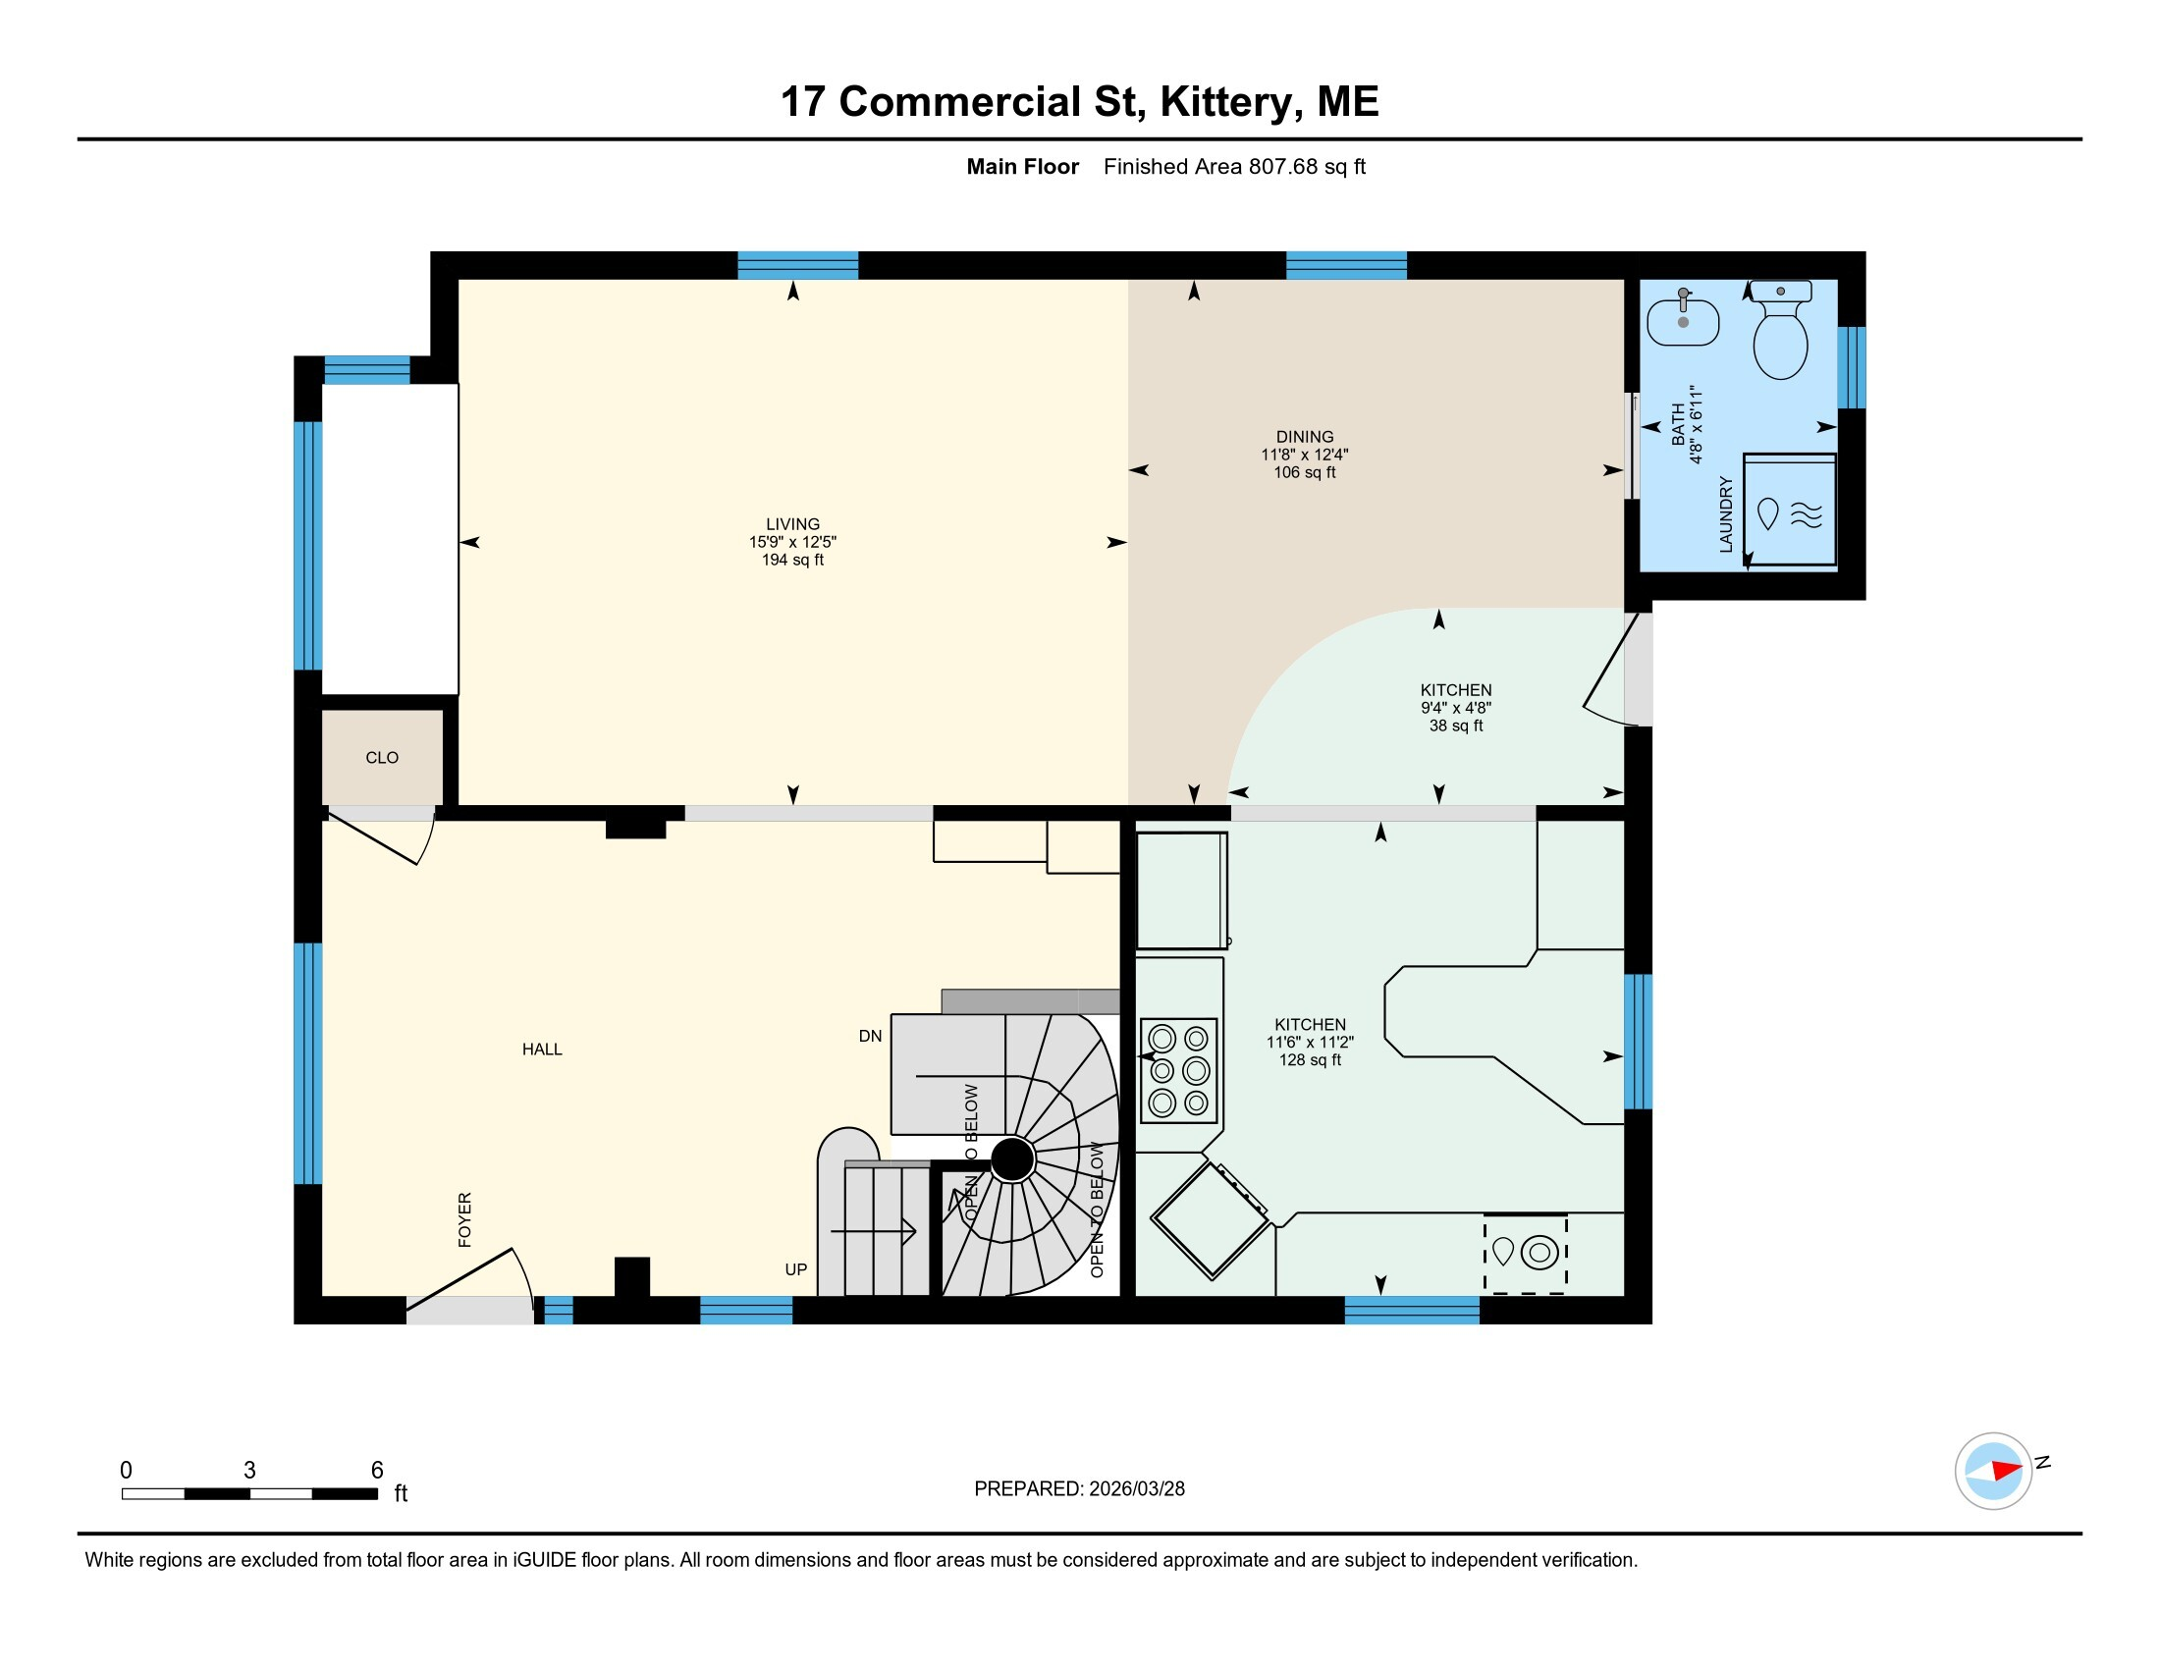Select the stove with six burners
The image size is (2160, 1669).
tap(1179, 1071)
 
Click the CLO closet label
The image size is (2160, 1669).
tap(382, 757)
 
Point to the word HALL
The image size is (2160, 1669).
tap(542, 1050)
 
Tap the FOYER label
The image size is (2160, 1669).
tap(464, 1219)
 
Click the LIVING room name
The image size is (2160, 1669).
tap(792, 524)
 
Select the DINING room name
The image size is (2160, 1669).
tap(1305, 437)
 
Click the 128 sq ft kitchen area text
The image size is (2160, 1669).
tap(1311, 1060)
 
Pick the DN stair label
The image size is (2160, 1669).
tap(870, 1036)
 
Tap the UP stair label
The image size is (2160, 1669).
tap(796, 1269)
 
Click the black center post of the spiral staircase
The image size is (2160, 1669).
tap(1011, 1159)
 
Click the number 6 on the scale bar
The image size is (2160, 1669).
tap(377, 1471)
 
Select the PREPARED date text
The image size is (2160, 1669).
tap(1079, 1489)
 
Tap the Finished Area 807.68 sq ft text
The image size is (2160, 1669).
tap(1234, 167)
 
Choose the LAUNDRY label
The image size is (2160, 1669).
tap(1726, 514)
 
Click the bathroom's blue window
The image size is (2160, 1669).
tap(1852, 367)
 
